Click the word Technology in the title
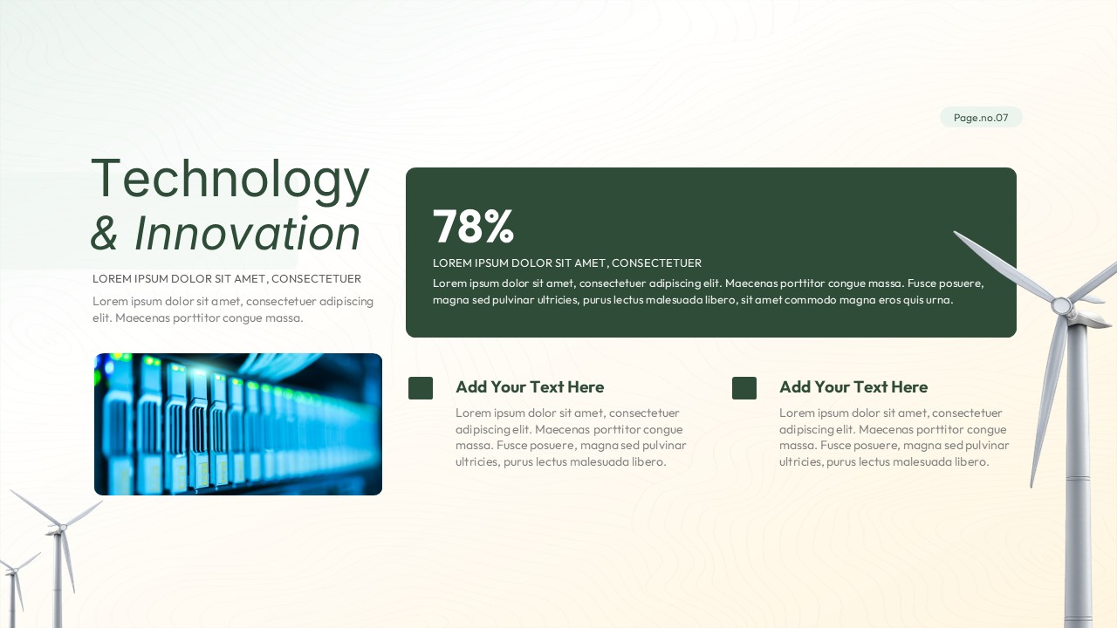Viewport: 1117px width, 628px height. (x=230, y=179)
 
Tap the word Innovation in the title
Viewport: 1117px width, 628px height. (x=247, y=234)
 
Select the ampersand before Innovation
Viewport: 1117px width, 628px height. (x=105, y=234)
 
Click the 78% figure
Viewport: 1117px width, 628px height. (x=473, y=226)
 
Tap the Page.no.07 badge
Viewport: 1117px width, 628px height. (x=981, y=118)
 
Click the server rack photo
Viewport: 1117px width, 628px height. (x=238, y=424)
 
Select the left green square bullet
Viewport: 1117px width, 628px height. (x=421, y=388)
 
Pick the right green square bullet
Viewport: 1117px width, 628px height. (x=744, y=388)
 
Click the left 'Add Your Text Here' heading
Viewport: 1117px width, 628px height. (x=530, y=387)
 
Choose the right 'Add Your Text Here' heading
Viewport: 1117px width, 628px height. (x=853, y=387)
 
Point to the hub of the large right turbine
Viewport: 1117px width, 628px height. (x=1061, y=306)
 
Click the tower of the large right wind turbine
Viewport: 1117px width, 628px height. (x=1079, y=488)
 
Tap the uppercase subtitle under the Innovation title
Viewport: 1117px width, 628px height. (x=227, y=279)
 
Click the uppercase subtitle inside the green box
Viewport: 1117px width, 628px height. (x=567, y=263)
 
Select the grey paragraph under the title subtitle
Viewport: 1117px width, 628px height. (x=233, y=310)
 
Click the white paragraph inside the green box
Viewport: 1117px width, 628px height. (x=709, y=291)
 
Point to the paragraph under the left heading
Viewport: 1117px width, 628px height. (x=571, y=437)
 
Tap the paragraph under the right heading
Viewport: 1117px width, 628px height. (x=894, y=437)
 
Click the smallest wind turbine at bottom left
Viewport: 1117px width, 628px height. (x=13, y=584)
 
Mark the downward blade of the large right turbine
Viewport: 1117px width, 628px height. (x=1047, y=401)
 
